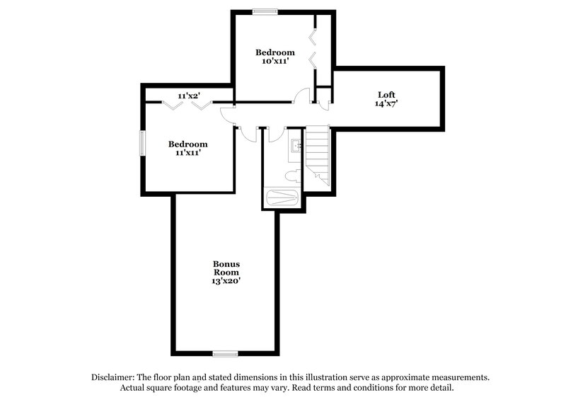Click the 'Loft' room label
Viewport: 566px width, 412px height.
tap(386, 94)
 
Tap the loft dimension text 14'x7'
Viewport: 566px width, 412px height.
tap(386, 103)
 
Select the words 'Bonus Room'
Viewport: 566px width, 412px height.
tap(226, 268)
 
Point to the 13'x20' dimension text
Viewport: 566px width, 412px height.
tap(226, 281)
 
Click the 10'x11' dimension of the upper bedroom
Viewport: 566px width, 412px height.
tap(275, 62)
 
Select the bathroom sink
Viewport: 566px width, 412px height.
tap(296, 147)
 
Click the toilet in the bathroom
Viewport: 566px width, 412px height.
tap(292, 176)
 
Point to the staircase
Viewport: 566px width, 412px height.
tap(318, 154)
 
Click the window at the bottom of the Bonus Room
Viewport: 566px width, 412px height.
tap(226, 353)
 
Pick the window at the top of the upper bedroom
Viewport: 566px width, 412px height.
tap(265, 11)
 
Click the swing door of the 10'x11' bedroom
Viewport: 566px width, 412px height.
tap(302, 96)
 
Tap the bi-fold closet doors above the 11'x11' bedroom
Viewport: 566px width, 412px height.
tap(188, 105)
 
